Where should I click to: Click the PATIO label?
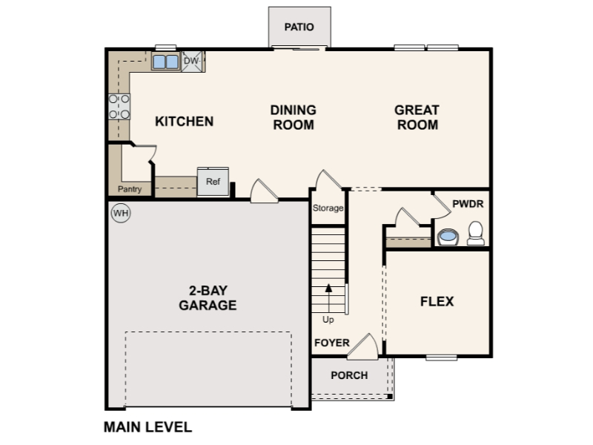(x=299, y=27)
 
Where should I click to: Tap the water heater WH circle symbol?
(x=120, y=214)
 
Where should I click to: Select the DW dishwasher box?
(x=192, y=61)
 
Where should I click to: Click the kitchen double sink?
(x=165, y=62)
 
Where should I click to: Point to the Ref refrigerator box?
(x=213, y=182)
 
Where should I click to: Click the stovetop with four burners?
(x=119, y=106)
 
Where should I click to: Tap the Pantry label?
(x=130, y=189)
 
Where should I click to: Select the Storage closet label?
(x=328, y=208)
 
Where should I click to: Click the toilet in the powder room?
(x=475, y=234)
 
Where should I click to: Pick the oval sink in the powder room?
(x=448, y=237)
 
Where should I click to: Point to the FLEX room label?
(x=437, y=302)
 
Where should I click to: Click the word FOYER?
(x=331, y=343)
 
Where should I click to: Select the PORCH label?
(x=349, y=375)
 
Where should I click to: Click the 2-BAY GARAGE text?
(x=208, y=297)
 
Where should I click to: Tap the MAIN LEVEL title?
(x=148, y=427)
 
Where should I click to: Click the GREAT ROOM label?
(x=417, y=117)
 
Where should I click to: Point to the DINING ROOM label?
(x=293, y=117)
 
